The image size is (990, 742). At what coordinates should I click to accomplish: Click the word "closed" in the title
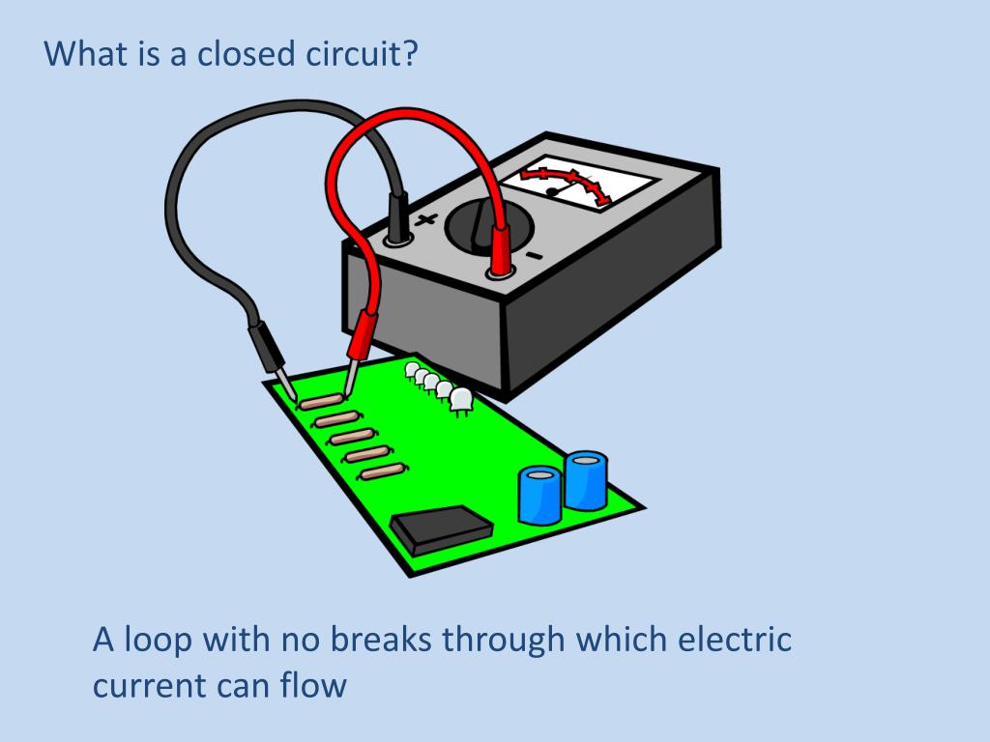click(247, 53)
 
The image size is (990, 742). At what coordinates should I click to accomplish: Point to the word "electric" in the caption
click(735, 639)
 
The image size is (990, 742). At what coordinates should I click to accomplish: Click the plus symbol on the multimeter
click(426, 219)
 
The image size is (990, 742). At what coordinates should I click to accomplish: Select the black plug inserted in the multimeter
click(397, 216)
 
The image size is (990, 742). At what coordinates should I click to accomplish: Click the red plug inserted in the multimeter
click(500, 250)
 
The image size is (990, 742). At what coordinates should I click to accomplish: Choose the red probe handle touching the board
click(362, 335)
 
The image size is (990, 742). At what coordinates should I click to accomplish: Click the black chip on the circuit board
click(441, 529)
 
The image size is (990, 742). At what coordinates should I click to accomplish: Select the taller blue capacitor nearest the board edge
click(586, 479)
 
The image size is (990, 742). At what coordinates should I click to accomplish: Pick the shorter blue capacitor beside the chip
click(539, 496)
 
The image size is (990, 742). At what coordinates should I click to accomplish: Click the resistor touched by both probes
click(321, 401)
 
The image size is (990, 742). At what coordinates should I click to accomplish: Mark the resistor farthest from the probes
click(383, 471)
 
